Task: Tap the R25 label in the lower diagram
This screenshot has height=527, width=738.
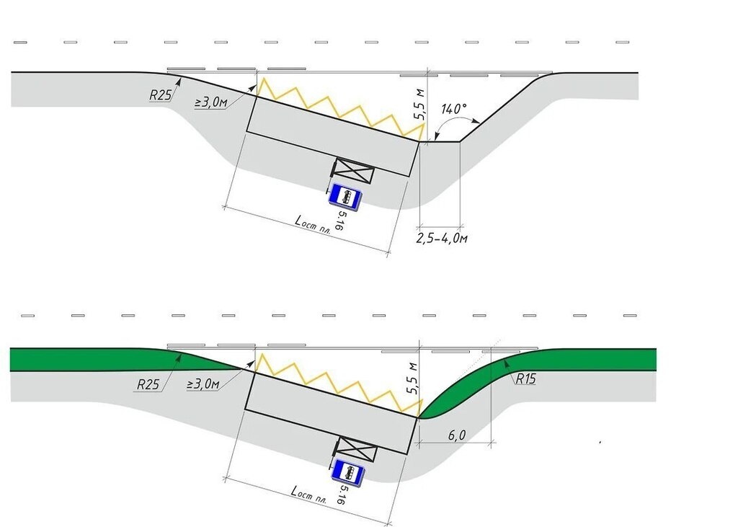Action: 148,384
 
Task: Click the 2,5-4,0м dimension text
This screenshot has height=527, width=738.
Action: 442,238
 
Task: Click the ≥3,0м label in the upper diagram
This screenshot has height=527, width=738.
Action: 211,102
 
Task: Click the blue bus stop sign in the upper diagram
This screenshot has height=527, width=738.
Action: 345,195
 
